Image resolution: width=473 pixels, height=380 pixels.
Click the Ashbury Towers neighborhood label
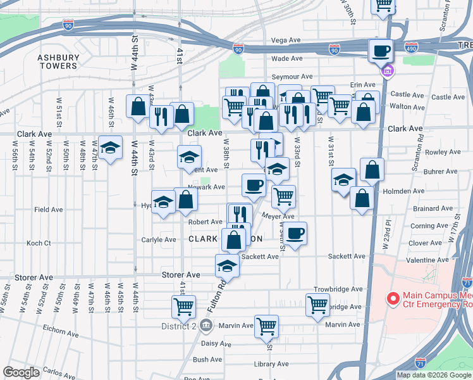[58, 61]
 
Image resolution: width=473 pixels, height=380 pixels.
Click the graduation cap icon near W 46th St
[110, 148]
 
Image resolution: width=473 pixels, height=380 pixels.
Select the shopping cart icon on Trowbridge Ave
[317, 304]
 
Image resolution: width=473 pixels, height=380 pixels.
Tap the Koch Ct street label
[39, 243]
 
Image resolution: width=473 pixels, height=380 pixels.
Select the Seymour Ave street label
[292, 77]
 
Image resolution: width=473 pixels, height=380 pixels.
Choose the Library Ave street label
[271, 364]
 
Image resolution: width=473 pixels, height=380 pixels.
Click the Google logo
[21, 372]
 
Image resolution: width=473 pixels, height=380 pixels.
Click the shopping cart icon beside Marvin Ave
[266, 326]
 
